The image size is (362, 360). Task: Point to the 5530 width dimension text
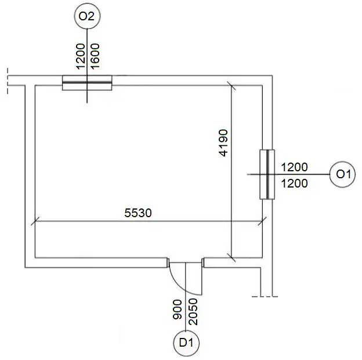tap(138, 213)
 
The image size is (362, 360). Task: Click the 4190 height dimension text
tap(223, 143)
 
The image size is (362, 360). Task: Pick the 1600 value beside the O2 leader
tap(95, 56)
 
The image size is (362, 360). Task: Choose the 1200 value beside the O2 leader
tap(80, 56)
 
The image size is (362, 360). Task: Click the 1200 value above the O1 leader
tap(294, 167)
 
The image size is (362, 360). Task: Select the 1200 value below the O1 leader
tap(294, 183)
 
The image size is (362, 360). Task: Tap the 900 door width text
tap(178, 309)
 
